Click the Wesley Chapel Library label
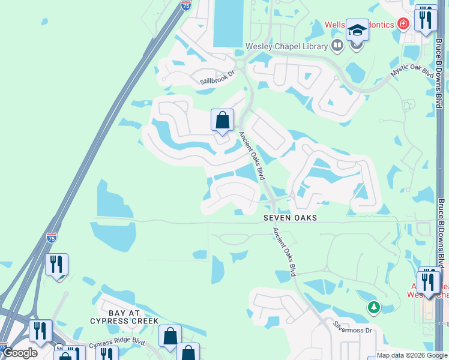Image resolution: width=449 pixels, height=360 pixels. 287,46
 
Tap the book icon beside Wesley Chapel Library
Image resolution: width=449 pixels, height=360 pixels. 337,46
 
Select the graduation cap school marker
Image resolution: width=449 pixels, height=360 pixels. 357,30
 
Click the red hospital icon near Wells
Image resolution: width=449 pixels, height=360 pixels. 403,25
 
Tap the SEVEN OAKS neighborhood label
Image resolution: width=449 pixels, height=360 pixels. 289,218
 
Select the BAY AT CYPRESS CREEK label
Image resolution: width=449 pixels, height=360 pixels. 124,317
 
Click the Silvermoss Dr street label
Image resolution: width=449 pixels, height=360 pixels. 352,327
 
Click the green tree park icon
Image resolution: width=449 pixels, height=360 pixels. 374,307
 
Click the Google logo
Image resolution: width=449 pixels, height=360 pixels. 19,353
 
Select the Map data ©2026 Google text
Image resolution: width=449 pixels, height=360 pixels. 412,355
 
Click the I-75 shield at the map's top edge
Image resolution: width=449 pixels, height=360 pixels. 186,5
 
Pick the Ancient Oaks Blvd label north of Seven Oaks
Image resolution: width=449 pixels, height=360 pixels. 252,155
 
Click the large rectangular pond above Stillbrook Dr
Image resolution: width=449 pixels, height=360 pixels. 229,23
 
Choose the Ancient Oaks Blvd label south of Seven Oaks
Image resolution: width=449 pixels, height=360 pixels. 284,251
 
